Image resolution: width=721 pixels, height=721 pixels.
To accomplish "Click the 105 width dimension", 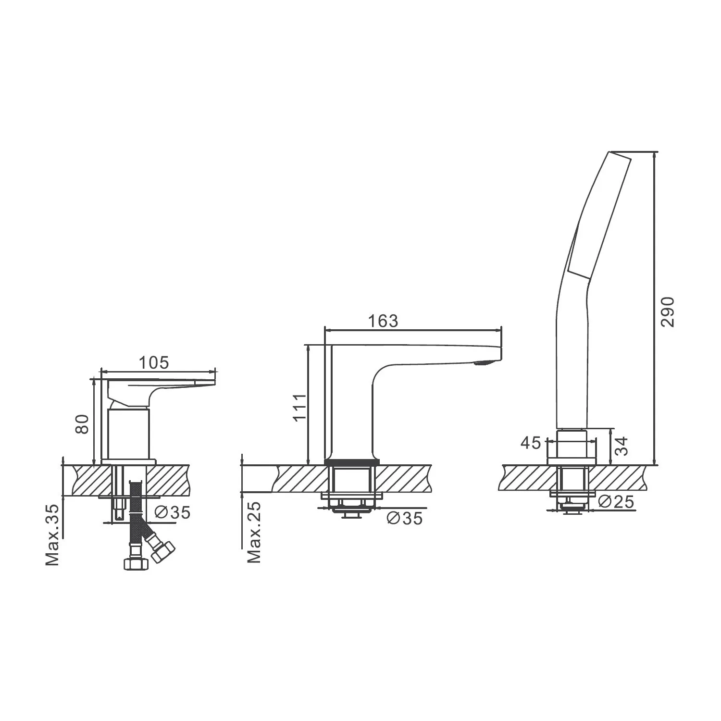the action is coord(154,362).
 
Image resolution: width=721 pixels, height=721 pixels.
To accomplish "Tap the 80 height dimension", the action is coord(83,424).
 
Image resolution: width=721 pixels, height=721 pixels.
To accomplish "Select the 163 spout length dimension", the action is coord(383,321).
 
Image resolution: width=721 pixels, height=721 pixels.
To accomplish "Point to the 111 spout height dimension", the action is coord(300,407).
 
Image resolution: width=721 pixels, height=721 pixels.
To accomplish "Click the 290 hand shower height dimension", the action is coord(668,312).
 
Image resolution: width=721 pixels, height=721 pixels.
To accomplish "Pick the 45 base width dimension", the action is coord(531,443).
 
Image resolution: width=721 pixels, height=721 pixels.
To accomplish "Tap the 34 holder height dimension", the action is coord(622,446).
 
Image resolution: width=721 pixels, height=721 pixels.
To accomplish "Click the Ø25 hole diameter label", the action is coord(617,501).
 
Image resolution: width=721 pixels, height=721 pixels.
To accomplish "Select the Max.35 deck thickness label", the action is coord(53,535).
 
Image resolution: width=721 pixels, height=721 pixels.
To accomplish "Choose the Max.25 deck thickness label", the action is coord(254,532).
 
